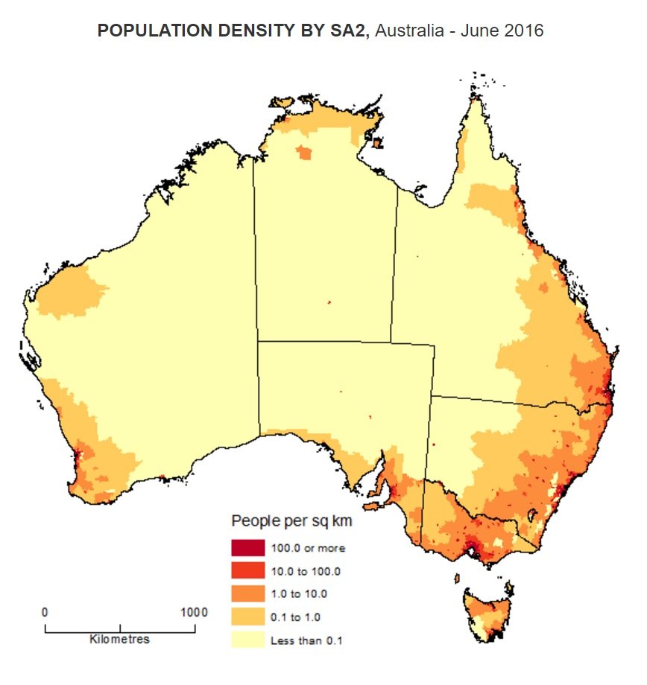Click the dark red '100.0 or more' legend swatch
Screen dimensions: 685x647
click(x=248, y=548)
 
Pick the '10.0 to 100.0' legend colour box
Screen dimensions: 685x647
click(x=248, y=571)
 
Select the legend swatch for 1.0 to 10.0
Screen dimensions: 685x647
click(x=248, y=593)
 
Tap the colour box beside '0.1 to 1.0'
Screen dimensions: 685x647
click(x=248, y=616)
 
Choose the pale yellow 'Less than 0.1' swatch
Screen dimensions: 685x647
click(x=248, y=639)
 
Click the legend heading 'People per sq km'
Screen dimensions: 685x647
click(x=291, y=520)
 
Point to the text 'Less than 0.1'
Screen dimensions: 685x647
click(x=306, y=640)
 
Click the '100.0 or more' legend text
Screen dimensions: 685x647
click(x=308, y=549)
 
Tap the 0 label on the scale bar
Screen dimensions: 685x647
click(x=45, y=612)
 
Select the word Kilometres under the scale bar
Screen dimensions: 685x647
click(x=119, y=640)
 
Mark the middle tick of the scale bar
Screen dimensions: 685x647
click(x=120, y=628)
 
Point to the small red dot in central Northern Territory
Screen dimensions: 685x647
click(x=329, y=302)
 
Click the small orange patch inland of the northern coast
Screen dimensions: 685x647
click(x=304, y=153)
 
